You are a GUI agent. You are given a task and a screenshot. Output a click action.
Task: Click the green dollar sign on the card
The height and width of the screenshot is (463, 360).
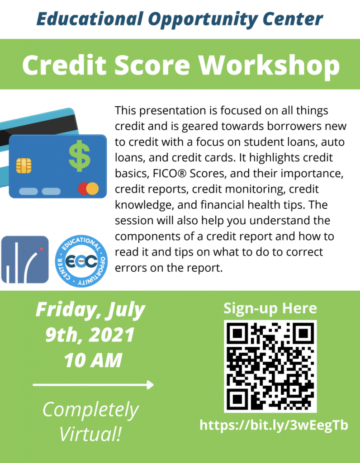[80, 156]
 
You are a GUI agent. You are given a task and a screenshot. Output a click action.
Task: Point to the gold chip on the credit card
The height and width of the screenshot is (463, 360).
[24, 165]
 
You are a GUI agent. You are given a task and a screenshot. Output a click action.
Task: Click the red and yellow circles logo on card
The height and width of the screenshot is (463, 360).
[88, 189]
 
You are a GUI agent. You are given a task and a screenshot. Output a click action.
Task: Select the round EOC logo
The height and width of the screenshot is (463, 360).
[81, 261]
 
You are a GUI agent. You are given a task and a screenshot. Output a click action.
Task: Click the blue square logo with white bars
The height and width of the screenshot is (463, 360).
[25, 260]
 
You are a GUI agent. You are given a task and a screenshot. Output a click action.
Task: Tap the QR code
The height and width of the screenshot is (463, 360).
[270, 366]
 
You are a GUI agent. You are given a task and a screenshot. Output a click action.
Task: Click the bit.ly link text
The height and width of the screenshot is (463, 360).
[274, 425]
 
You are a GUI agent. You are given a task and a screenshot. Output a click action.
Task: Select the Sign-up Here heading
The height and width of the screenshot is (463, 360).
[270, 308]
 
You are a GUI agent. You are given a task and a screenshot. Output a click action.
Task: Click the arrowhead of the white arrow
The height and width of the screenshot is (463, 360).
[150, 385]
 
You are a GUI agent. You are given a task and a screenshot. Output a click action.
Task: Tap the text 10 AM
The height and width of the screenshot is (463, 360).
[93, 360]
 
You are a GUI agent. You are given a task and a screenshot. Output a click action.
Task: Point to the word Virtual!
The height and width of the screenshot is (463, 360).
[90, 434]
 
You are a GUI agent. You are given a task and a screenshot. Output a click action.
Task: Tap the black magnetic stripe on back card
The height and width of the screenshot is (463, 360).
[38, 128]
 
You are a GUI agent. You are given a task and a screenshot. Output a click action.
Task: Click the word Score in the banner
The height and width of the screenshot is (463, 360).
[152, 66]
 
